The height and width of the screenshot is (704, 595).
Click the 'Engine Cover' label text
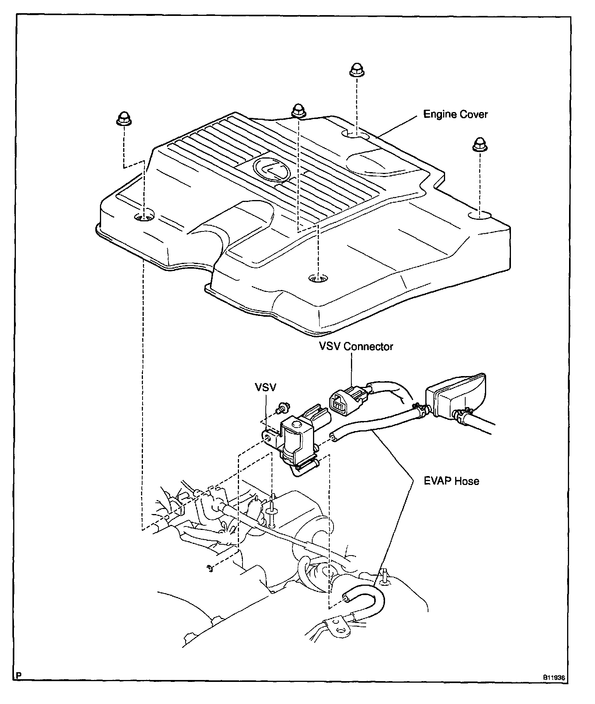(455, 114)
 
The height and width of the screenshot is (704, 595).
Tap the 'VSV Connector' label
(356, 346)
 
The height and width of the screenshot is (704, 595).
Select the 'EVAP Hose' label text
(451, 481)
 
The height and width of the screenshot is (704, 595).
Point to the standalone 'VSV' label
(265, 387)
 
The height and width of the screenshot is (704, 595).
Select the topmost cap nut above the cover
(356, 70)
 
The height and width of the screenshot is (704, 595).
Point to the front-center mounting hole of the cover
(318, 278)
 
